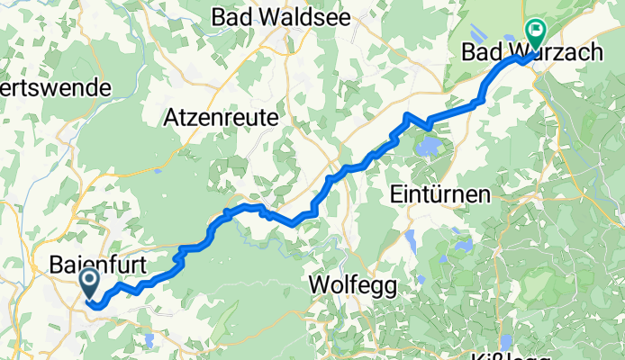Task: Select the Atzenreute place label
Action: coord(221,117)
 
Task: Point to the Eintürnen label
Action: coord(441,193)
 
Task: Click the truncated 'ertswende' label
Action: coord(54,87)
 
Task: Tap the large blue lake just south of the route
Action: coord(430,143)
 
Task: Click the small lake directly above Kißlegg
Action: coord(505,339)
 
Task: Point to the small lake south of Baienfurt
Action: coord(147,335)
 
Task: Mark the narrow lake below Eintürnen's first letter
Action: coord(411,241)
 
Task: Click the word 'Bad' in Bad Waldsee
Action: coord(230,16)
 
